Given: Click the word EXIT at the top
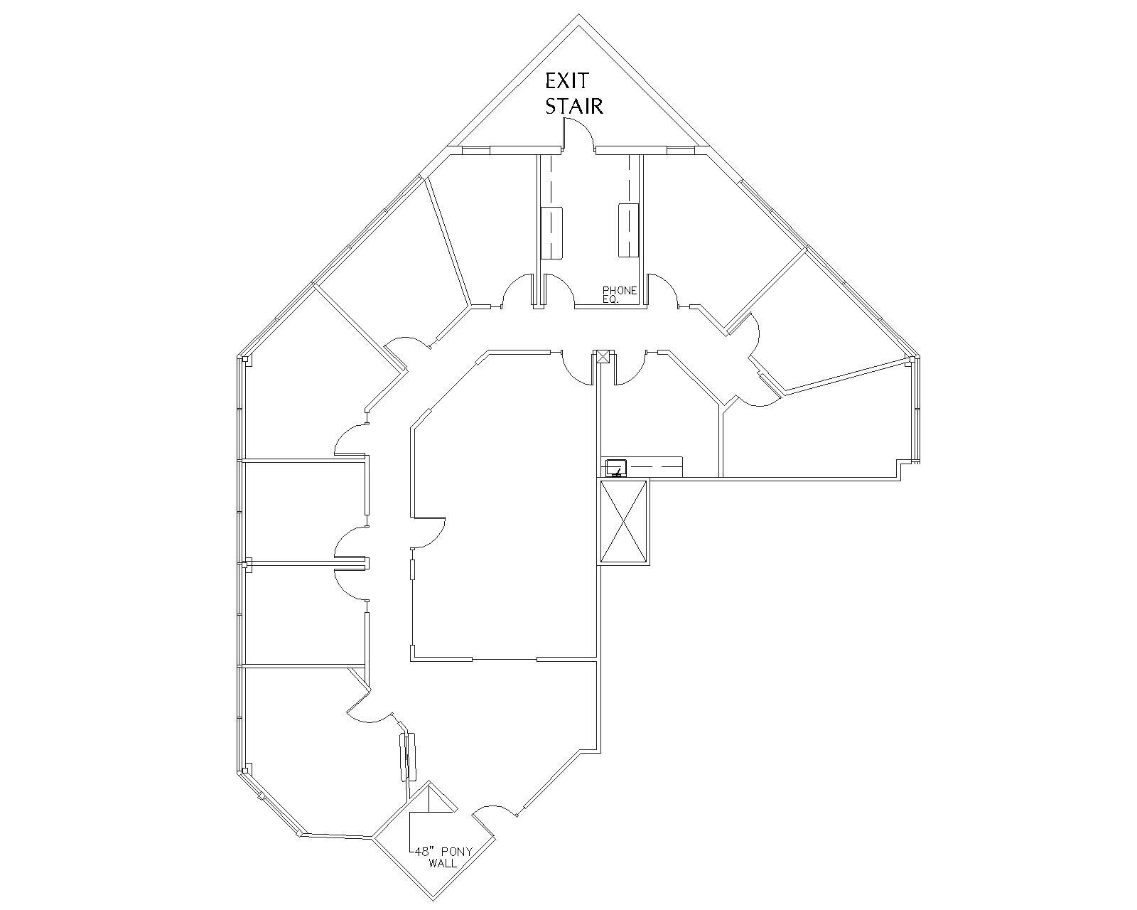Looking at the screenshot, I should pyautogui.click(x=567, y=80).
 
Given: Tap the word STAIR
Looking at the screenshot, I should pyautogui.click(x=574, y=106).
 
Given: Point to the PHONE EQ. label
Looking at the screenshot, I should pyautogui.click(x=619, y=294).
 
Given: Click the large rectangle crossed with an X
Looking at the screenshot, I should pyautogui.click(x=623, y=522).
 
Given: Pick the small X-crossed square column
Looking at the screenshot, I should pyautogui.click(x=603, y=356).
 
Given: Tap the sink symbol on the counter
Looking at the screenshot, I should pyautogui.click(x=615, y=467).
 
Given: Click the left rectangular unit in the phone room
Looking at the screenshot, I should pyautogui.click(x=551, y=232).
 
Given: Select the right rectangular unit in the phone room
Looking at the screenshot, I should pyautogui.click(x=628, y=230).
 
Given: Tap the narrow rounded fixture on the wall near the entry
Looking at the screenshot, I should pyautogui.click(x=407, y=756).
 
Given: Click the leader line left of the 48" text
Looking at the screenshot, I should pyautogui.click(x=411, y=832).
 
